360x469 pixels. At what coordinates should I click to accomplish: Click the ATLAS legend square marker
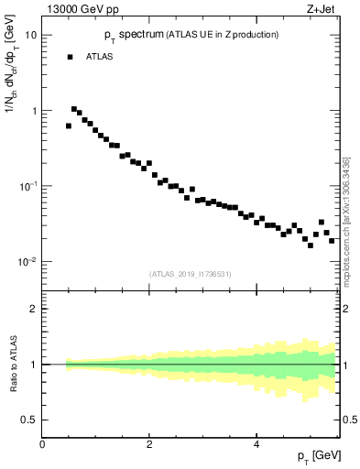69,57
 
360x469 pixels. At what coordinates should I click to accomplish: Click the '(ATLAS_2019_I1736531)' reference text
191,273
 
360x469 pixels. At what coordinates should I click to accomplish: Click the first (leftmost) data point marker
69,126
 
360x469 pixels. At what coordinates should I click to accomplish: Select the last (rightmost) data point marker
332,240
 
